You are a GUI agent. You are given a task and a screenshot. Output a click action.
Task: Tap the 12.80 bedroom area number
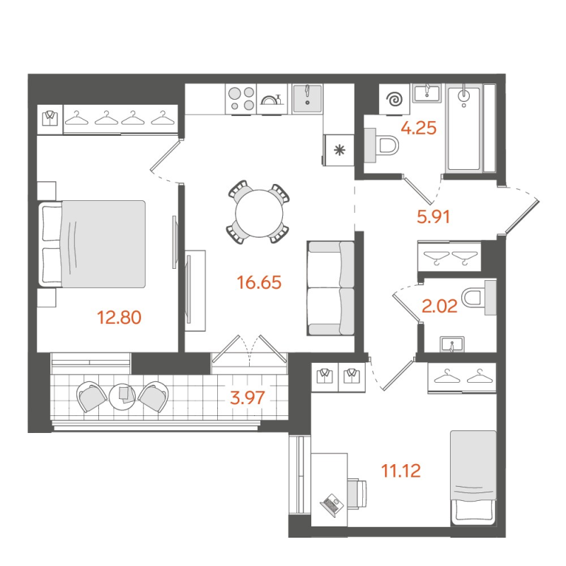tap(119, 317)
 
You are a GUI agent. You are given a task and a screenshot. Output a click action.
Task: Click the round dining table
tap(258, 213)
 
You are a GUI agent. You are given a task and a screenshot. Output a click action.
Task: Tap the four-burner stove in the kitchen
tap(241, 98)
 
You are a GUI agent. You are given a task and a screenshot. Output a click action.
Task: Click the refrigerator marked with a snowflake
tap(339, 149)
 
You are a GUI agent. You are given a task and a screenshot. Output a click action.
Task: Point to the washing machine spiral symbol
tap(393, 100)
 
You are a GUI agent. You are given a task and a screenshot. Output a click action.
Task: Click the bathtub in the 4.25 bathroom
tap(464, 128)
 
